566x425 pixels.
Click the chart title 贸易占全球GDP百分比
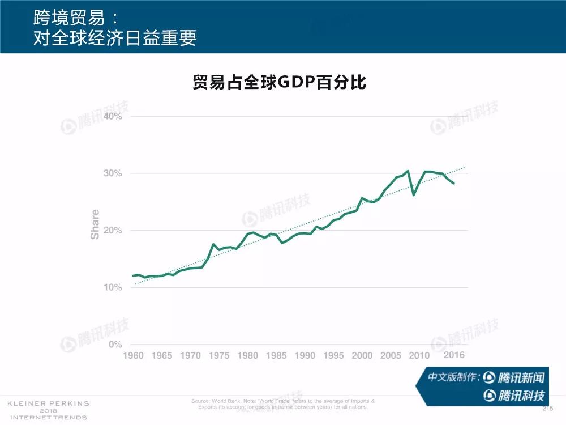[280, 83]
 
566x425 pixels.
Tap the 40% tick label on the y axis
[113, 116]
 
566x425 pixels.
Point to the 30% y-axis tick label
[113, 173]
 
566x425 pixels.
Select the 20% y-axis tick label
[113, 231]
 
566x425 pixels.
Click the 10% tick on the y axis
[113, 288]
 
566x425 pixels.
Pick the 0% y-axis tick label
[115, 345]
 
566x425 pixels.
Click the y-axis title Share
[95, 224]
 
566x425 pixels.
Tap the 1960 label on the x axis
[134, 356]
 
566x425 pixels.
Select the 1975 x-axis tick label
[219, 356]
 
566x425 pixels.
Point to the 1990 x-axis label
[305, 356]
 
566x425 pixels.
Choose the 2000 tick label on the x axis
[362, 356]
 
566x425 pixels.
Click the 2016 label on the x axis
[454, 355]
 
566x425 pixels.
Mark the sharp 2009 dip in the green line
[414, 195]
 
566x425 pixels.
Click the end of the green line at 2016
[454, 183]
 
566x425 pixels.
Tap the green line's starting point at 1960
[133, 275]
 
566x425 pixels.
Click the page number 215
[547, 409]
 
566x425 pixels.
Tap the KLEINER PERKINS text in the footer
[48, 403]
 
